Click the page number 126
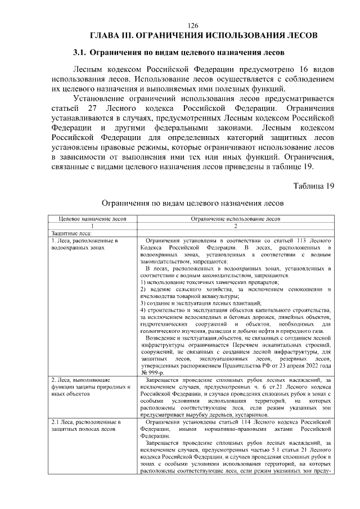193,25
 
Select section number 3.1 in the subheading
80,53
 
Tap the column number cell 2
235,226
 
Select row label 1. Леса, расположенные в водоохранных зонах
84,244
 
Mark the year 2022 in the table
310,365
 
